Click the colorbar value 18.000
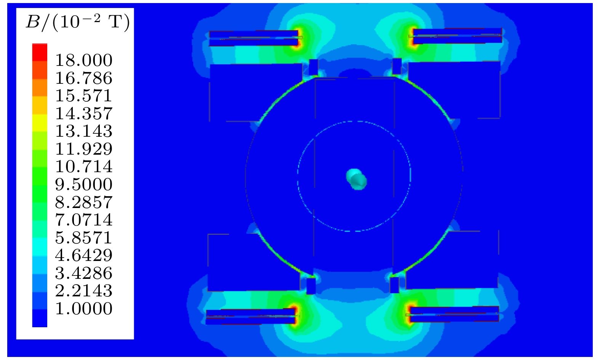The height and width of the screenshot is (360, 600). click(x=84, y=60)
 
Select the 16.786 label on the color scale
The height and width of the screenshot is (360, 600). click(x=84, y=78)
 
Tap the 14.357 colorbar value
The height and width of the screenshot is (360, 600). click(x=84, y=113)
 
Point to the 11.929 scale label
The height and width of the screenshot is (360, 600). click(x=84, y=149)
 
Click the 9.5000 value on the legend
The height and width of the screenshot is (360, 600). click(x=84, y=184)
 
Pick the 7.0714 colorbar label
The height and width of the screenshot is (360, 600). click(x=84, y=220)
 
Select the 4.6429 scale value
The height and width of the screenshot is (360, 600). click(x=84, y=255)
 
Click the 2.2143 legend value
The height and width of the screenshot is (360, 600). click(x=84, y=291)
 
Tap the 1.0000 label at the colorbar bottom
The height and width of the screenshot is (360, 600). click(x=84, y=308)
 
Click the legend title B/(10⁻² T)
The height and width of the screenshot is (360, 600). click(x=78, y=23)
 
